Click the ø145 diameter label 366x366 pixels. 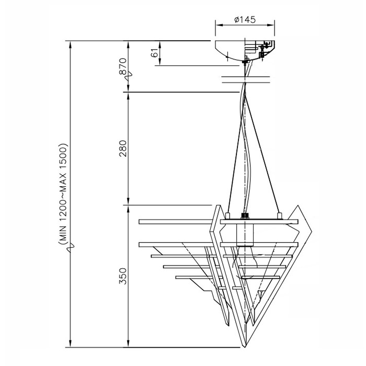click(x=245, y=20)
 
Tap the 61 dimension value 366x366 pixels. click(x=155, y=53)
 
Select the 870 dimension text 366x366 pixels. click(x=123, y=66)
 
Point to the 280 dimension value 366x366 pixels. click(x=123, y=148)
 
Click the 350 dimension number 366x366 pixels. click(x=123, y=276)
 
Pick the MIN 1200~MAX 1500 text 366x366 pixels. click(x=63, y=193)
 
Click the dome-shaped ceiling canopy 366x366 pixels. click(x=245, y=51)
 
